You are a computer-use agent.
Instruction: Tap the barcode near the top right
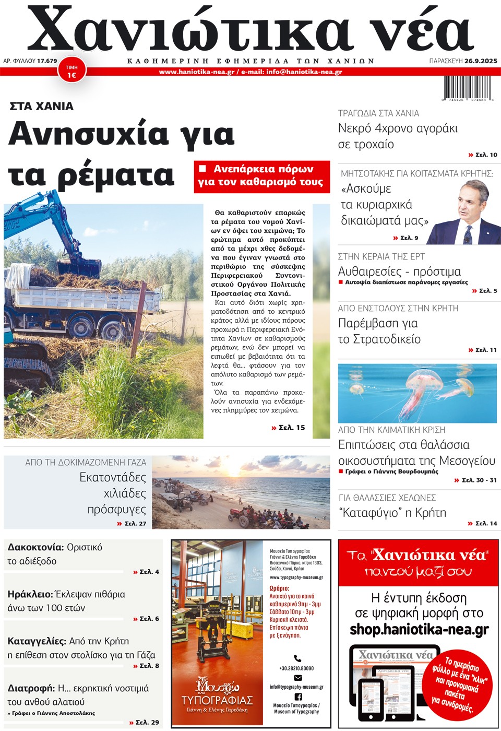468,88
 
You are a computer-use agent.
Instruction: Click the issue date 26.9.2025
481,61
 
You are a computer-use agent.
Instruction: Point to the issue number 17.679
47,61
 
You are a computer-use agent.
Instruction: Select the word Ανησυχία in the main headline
88,134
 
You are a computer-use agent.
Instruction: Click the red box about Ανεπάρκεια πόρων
261,176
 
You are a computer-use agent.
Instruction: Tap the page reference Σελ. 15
289,428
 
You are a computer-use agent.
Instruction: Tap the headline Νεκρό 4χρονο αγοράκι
398,128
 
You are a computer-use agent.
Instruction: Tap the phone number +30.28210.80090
296,668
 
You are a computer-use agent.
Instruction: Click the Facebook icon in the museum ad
298,697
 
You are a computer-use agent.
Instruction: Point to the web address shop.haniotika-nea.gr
419,629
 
